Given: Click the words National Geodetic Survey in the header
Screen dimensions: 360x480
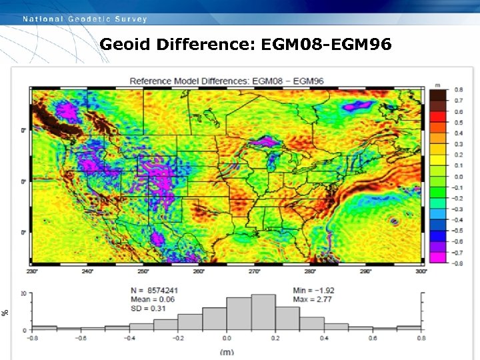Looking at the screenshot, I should tap(85, 19).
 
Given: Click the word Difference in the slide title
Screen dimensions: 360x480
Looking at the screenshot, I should tap(207, 45).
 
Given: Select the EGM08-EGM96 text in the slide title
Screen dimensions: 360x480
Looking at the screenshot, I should tap(327, 45).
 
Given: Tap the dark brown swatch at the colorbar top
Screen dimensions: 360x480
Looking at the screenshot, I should tap(438, 96).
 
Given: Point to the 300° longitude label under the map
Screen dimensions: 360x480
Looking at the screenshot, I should tap(421, 272).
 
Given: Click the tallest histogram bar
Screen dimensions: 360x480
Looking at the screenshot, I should tap(263, 312).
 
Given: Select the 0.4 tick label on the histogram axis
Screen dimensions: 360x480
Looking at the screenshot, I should tap(324, 338).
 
